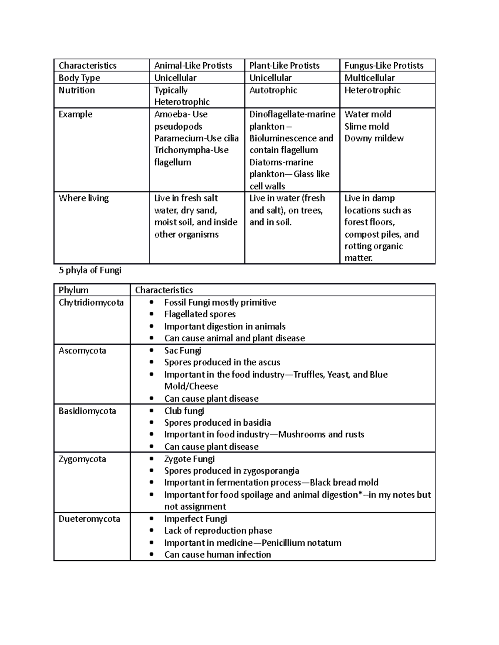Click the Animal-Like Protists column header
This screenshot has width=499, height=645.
click(x=193, y=66)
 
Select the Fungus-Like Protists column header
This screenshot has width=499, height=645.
click(x=383, y=66)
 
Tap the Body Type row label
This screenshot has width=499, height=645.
click(x=79, y=78)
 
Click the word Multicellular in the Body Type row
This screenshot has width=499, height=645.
click(x=369, y=78)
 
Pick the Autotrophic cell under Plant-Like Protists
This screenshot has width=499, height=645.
click(x=273, y=90)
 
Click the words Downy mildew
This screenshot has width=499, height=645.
click(x=374, y=138)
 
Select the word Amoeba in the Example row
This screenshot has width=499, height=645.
click(x=168, y=114)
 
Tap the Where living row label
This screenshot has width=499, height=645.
click(x=84, y=198)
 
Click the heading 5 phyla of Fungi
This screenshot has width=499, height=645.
click(x=90, y=270)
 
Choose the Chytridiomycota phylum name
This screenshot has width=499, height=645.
click(x=91, y=302)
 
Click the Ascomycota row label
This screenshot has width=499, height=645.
click(x=82, y=351)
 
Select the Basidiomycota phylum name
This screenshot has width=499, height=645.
click(x=87, y=411)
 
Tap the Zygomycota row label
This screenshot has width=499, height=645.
click(x=82, y=459)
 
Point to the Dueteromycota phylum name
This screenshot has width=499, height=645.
click(x=89, y=519)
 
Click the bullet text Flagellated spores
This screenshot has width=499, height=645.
click(x=200, y=314)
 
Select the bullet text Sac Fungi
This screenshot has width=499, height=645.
click(x=183, y=351)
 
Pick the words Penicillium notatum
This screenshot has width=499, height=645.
click(x=301, y=543)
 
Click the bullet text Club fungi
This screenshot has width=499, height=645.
click(x=184, y=411)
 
